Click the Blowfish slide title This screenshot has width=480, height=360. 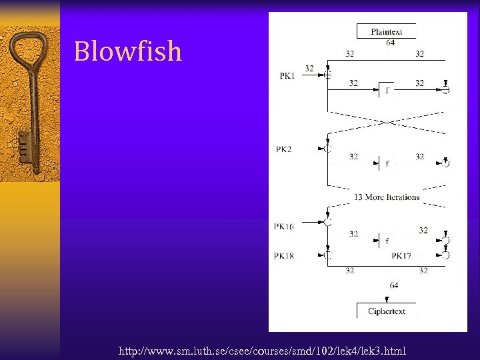127,51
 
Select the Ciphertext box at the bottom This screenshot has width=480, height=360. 386,311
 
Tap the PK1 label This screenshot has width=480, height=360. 287,76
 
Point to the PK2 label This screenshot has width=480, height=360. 283,149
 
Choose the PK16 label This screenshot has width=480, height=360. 283,227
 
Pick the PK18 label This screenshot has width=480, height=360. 283,256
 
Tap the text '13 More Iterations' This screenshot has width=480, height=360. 387,197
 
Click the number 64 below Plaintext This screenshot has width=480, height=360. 390,43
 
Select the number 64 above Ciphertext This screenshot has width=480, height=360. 394,285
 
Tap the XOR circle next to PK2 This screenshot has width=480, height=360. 327,149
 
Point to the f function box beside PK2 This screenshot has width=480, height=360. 387,163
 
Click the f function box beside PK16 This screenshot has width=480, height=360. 387,241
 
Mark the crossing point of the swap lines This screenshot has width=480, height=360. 387,122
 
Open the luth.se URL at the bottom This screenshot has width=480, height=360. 261,351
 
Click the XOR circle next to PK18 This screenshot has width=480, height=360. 327,255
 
